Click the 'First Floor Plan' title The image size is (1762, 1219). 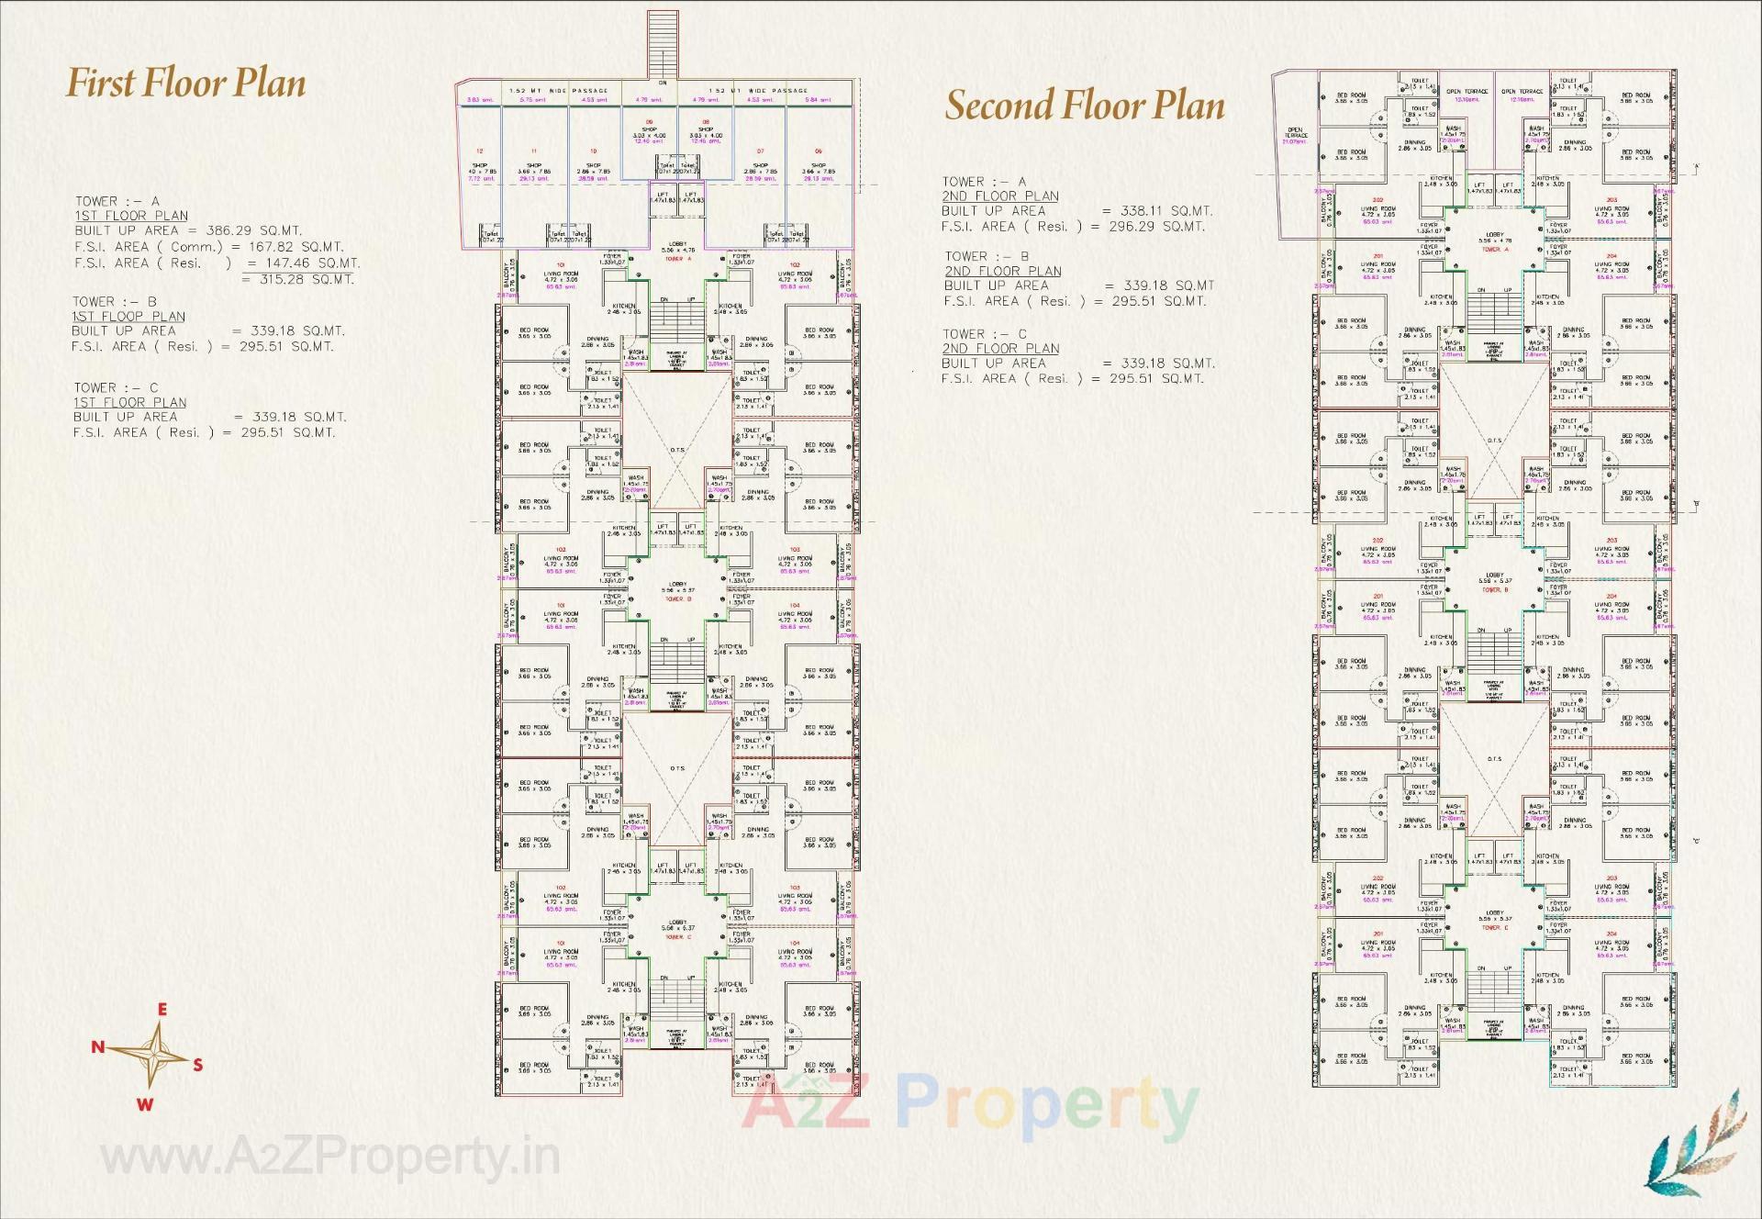(x=185, y=84)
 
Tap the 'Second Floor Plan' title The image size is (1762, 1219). (x=1085, y=106)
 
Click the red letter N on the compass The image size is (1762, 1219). (x=97, y=1046)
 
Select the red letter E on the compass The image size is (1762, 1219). (x=162, y=1010)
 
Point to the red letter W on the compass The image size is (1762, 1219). (x=144, y=1104)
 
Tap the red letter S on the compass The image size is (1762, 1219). (x=197, y=1065)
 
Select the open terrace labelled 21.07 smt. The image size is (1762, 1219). (x=1295, y=135)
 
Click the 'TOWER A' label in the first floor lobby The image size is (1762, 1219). (x=676, y=260)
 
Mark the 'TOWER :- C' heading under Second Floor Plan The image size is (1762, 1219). (x=985, y=334)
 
